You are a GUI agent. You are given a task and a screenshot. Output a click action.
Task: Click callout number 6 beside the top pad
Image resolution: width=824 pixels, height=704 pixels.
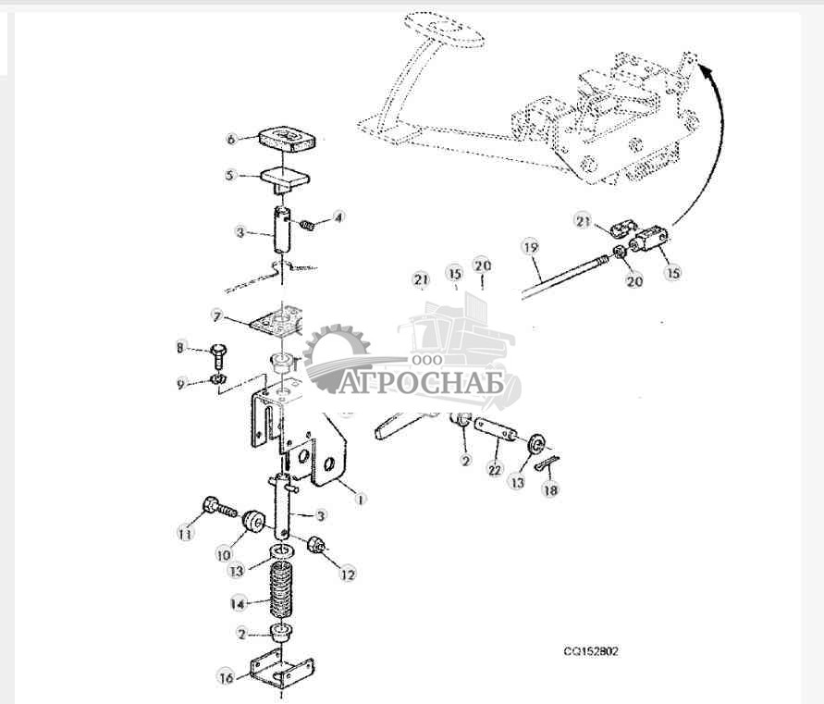pyautogui.click(x=232, y=140)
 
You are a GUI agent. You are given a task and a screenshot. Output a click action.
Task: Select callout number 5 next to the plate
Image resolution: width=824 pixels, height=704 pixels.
pyautogui.click(x=232, y=174)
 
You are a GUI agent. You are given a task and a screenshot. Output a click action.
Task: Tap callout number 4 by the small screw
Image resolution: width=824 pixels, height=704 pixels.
pyautogui.click(x=338, y=218)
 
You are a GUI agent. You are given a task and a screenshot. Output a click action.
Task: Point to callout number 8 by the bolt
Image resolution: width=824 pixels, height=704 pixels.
pyautogui.click(x=181, y=348)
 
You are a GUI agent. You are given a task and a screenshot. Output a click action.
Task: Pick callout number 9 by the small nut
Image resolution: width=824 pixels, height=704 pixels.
pyautogui.click(x=181, y=383)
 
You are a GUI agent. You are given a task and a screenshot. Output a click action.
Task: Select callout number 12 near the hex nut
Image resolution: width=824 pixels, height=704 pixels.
pyautogui.click(x=348, y=574)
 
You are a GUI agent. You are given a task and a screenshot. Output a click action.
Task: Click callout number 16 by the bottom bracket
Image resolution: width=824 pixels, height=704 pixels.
pyautogui.click(x=226, y=678)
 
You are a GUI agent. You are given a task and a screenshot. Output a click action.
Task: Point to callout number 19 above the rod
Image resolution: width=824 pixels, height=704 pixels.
pyautogui.click(x=530, y=247)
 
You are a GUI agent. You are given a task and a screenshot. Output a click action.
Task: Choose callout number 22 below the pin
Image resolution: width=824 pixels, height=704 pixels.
pyautogui.click(x=495, y=470)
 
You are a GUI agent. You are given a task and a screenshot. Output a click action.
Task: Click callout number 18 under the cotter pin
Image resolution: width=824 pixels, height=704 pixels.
pyautogui.click(x=551, y=491)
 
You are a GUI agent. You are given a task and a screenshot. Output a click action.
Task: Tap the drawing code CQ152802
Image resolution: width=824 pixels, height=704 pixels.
pyautogui.click(x=591, y=651)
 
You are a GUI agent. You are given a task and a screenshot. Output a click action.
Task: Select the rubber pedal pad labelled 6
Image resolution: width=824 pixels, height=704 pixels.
pyautogui.click(x=287, y=139)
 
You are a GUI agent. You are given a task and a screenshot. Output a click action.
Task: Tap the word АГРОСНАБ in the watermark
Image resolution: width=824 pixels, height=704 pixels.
pyautogui.click(x=424, y=382)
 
